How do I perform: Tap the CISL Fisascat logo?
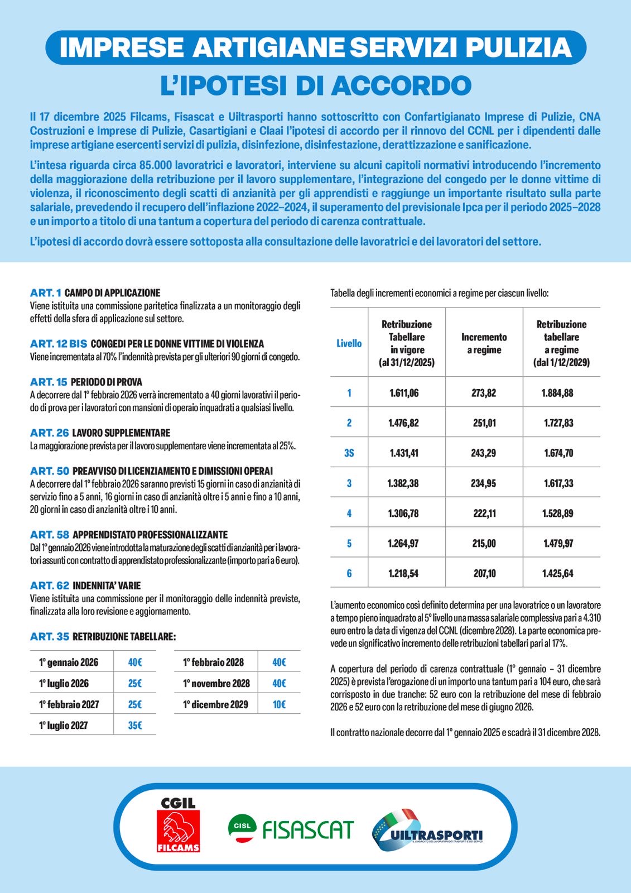pyautogui.click(x=291, y=828)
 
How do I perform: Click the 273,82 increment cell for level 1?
pyautogui.click(x=484, y=393)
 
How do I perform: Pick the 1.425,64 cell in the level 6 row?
pyautogui.click(x=558, y=573)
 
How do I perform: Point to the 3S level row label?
pyautogui.click(x=349, y=453)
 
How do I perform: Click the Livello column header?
pyautogui.click(x=349, y=343)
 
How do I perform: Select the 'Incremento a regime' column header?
pyautogui.click(x=484, y=343)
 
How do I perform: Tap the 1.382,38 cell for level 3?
pyautogui.click(x=403, y=483)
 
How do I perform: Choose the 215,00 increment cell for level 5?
pyautogui.click(x=484, y=543)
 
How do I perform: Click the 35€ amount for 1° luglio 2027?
pyautogui.click(x=135, y=726)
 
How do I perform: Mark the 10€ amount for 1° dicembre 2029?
pyautogui.click(x=279, y=704)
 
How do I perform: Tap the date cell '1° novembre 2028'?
pyautogui.click(x=216, y=683)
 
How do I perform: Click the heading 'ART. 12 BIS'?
pyautogui.click(x=59, y=344)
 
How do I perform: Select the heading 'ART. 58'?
pyautogui.click(x=50, y=535)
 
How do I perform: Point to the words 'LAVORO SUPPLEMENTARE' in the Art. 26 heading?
pyautogui.click(x=121, y=433)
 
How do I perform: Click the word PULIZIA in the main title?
pyautogui.click(x=519, y=47)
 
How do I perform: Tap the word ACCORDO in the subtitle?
pyautogui.click(x=401, y=85)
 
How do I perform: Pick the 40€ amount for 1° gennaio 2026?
pyautogui.click(x=135, y=662)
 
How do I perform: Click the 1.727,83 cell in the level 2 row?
pyautogui.click(x=558, y=423)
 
